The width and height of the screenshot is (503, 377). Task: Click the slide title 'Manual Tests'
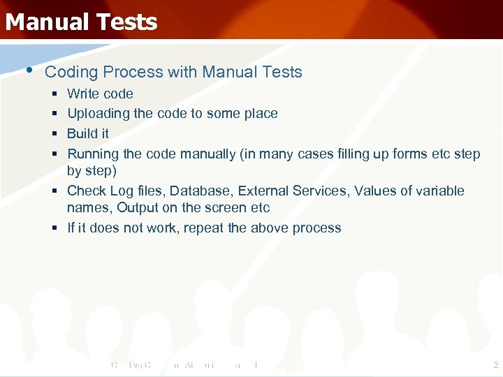coord(81,22)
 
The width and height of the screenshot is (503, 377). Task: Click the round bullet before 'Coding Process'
coord(28,70)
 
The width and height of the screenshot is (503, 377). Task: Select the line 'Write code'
coord(100,94)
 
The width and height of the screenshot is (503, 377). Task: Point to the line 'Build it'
coord(88,133)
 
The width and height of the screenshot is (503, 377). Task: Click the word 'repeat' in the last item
coord(204,228)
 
